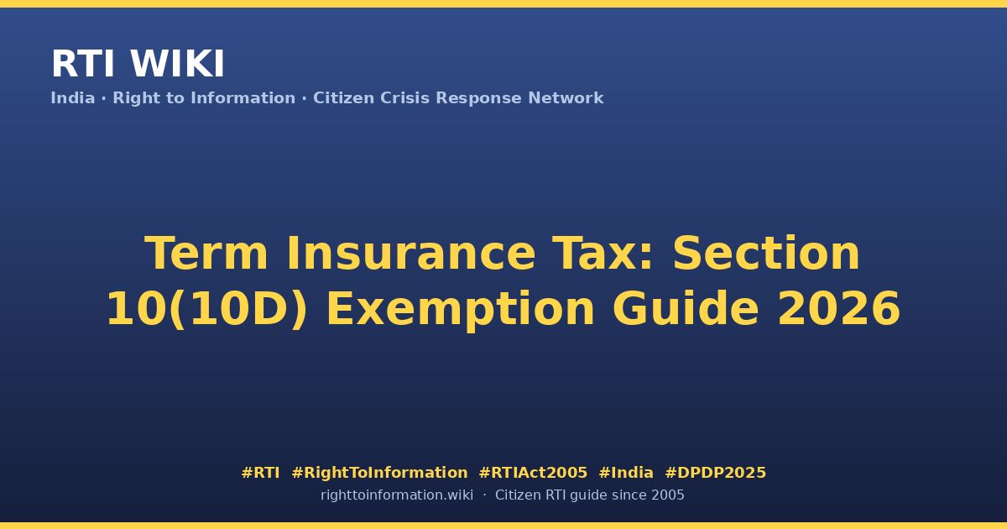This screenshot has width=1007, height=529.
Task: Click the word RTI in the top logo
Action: coord(83,64)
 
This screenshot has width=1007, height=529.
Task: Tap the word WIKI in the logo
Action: coord(177,64)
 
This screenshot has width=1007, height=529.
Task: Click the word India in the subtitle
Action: coord(73,98)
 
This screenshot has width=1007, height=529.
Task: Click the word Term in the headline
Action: coord(206,254)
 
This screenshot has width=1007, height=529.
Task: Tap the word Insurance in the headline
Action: coord(411,254)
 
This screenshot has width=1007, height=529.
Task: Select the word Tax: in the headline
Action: coord(603,254)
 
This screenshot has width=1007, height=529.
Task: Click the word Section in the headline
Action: coord(766,254)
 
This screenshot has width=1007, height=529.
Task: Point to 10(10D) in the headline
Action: coord(207,310)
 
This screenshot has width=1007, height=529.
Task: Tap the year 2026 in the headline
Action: coord(839,309)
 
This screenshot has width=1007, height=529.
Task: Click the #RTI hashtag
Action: coord(260,473)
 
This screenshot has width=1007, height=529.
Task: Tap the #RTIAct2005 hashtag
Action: coord(533,473)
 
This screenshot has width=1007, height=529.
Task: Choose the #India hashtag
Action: coord(626,473)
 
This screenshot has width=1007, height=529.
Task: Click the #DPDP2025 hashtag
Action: coord(715,473)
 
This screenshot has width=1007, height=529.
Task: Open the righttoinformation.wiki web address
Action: coord(397,495)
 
